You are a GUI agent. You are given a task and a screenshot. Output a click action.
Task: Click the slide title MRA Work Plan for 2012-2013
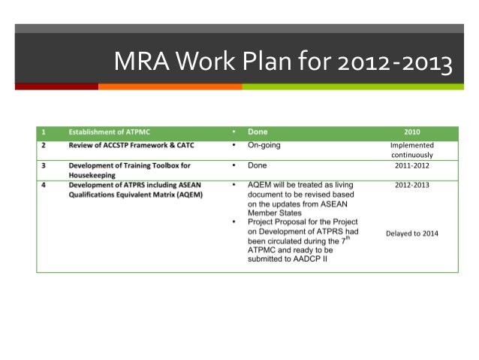click(x=282, y=63)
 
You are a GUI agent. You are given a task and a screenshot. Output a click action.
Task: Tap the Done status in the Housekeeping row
click(x=257, y=165)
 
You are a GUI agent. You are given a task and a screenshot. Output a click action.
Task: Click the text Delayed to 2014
click(x=412, y=233)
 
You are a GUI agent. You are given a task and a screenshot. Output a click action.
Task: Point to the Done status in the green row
click(x=258, y=132)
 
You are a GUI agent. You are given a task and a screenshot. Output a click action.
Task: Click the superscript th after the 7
click(x=351, y=239)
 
